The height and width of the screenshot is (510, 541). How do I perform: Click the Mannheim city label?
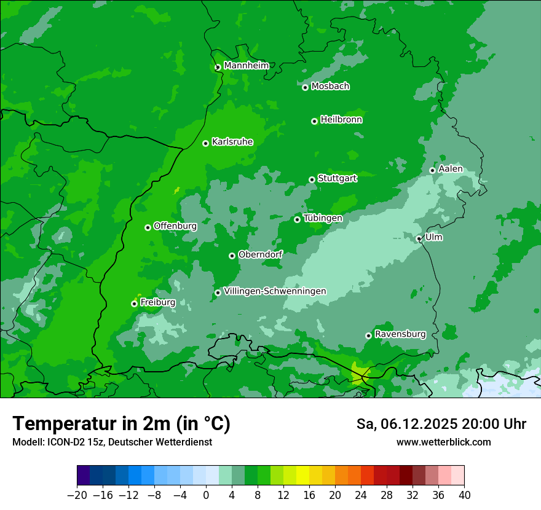[x=246, y=66]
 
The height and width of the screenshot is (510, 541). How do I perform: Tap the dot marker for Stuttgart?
[x=312, y=179]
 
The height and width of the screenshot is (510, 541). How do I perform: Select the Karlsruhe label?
[x=232, y=142]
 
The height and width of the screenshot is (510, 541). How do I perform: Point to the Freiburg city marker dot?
[x=134, y=304]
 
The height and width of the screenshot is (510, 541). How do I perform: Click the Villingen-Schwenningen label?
[x=275, y=291]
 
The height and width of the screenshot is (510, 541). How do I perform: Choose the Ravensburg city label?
[x=400, y=334]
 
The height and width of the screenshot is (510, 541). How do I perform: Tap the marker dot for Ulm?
[x=419, y=239]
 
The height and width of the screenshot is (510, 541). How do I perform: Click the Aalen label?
[x=451, y=169]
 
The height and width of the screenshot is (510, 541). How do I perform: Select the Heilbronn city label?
[x=341, y=120]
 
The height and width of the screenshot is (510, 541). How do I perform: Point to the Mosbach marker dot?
[x=305, y=87]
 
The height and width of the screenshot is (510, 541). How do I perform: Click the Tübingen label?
[x=323, y=218]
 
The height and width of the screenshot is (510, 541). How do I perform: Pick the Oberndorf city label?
[x=260, y=254]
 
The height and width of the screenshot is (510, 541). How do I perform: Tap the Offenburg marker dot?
[x=148, y=227]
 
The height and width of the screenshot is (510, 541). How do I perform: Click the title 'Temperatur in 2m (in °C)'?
[x=121, y=424]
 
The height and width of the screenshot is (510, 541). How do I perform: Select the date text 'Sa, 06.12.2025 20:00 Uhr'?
[x=441, y=424]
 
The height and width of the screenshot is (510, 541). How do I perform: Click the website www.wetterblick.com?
[x=444, y=442]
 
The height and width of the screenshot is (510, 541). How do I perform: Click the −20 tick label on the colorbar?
[x=77, y=495]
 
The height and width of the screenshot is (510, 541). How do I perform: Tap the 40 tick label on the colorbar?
[x=464, y=495]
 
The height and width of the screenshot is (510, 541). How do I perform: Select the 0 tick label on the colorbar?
[x=206, y=495]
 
